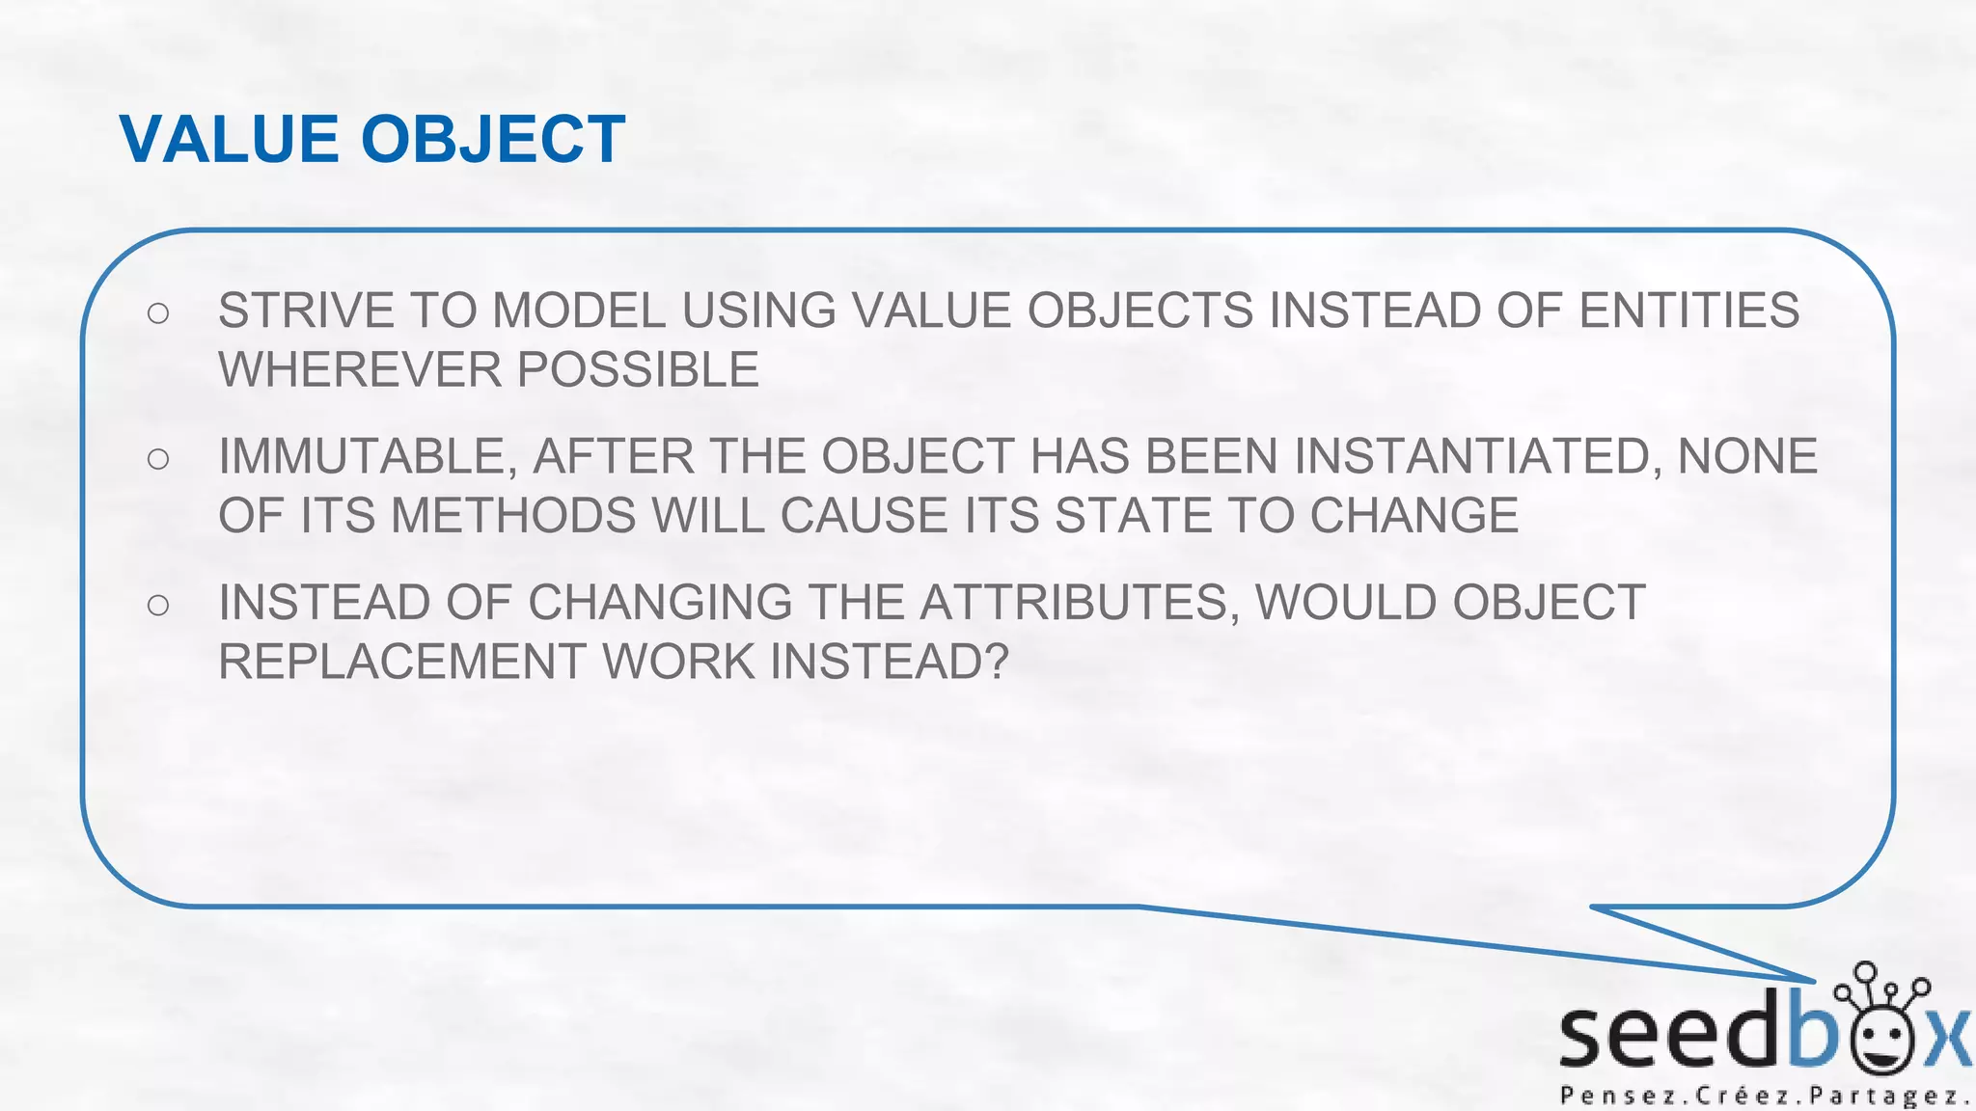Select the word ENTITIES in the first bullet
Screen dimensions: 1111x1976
coord(1688,311)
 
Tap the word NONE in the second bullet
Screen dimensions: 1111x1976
coord(1747,456)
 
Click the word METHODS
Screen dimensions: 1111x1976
coord(513,515)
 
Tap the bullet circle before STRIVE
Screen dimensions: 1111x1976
coord(158,312)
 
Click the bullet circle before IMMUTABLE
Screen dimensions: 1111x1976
coord(158,459)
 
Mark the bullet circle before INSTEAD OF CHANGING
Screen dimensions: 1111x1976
coord(158,606)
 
